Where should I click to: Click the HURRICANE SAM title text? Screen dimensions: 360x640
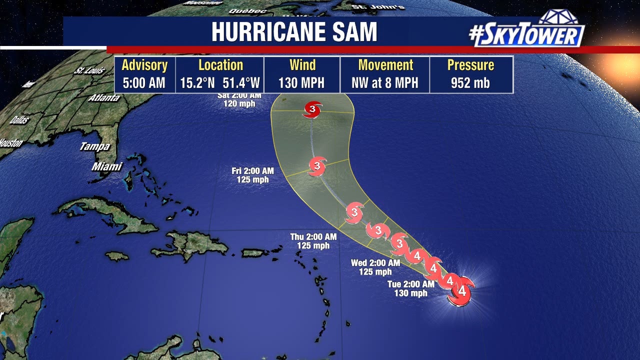coord(294,32)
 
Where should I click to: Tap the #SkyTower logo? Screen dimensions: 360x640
coord(526,33)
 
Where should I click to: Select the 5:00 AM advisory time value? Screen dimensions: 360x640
coord(144,82)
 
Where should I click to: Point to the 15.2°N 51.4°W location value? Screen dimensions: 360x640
coord(220,82)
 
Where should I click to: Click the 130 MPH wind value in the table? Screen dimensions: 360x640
coord(301,82)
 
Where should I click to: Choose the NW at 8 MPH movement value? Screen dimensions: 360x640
coord(385,82)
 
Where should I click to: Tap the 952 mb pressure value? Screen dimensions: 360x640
coord(470,82)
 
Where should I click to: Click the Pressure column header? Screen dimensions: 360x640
coord(470,65)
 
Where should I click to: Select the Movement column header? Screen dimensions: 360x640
coord(385,65)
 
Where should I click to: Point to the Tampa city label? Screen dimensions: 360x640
coord(94,146)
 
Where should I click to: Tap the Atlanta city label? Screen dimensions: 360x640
coord(104,98)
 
